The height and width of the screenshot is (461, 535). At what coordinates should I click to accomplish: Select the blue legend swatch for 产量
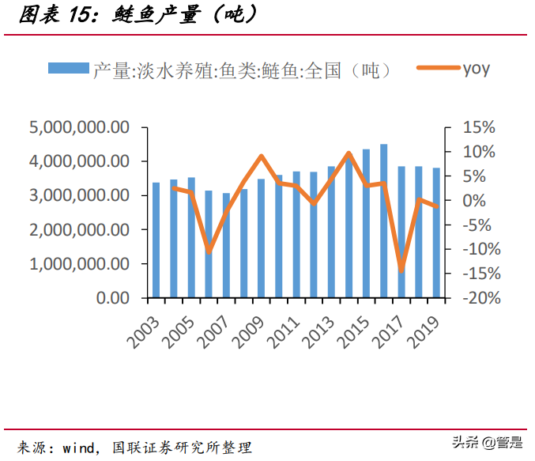69,69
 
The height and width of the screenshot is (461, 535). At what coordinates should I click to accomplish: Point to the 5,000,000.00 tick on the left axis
79,127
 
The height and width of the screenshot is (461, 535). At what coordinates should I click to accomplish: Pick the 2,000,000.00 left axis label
79,230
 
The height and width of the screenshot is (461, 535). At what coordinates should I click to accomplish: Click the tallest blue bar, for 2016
384,221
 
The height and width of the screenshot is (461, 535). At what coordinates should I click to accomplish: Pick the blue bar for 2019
436,233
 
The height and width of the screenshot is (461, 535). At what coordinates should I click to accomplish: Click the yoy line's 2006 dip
209,252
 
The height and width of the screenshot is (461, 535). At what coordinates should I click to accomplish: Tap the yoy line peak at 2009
261,156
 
